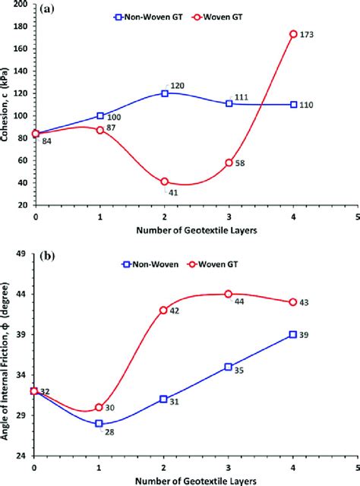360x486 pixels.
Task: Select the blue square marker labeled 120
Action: (165, 93)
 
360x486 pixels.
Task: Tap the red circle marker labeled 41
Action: (165, 182)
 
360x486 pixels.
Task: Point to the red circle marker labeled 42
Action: (164, 311)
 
